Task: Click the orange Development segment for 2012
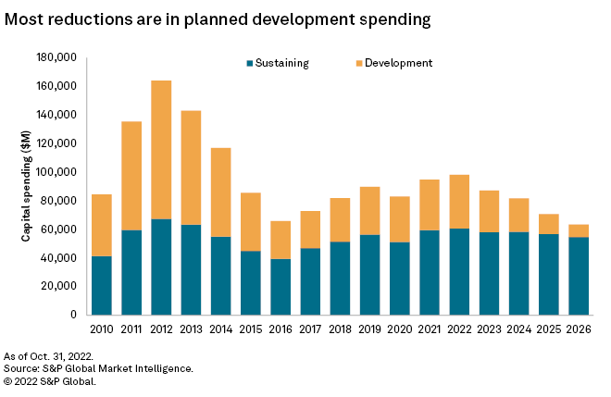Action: point(161,150)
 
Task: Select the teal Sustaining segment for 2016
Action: point(279,286)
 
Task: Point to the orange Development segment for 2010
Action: point(102,225)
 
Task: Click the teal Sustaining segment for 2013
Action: point(191,269)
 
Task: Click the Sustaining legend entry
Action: point(277,63)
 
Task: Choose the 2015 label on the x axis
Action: point(249,328)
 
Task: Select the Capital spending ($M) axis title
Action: point(28,186)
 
